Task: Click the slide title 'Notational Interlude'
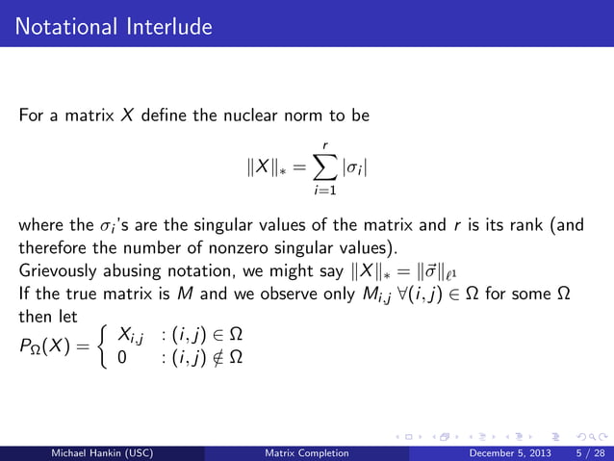click(x=115, y=26)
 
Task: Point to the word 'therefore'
click(x=50, y=246)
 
